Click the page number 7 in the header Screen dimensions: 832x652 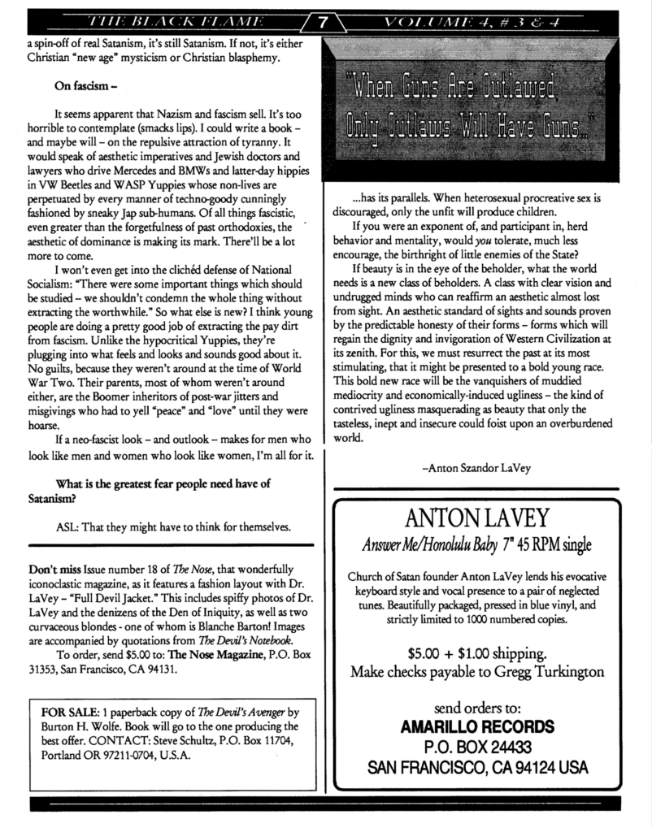click(x=323, y=23)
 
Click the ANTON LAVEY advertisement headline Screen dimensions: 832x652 click(x=487, y=518)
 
